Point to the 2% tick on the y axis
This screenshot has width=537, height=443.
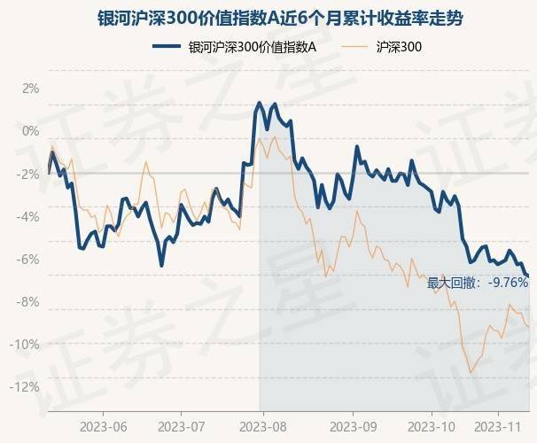31,89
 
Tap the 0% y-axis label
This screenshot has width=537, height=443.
31,131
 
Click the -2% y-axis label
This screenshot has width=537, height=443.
29,174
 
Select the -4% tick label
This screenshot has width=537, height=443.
29,216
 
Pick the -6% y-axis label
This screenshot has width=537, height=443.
29,259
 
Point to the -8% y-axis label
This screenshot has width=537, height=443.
29,301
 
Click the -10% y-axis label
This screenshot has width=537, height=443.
27,344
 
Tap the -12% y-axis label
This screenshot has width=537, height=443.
27,386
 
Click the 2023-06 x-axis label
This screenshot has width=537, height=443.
103,426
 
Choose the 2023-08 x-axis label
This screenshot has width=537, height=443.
263,426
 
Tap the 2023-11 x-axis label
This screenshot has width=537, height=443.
498,426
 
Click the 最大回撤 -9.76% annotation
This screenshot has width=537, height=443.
478,284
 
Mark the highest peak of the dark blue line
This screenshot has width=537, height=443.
259,104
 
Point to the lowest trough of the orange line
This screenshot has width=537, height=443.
471,372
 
